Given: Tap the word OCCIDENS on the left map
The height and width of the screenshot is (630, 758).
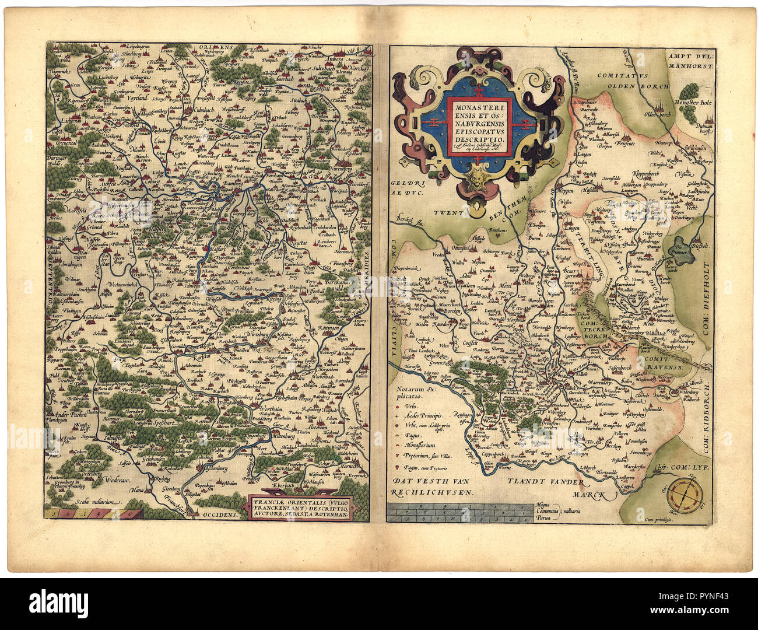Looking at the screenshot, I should pos(221,514).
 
